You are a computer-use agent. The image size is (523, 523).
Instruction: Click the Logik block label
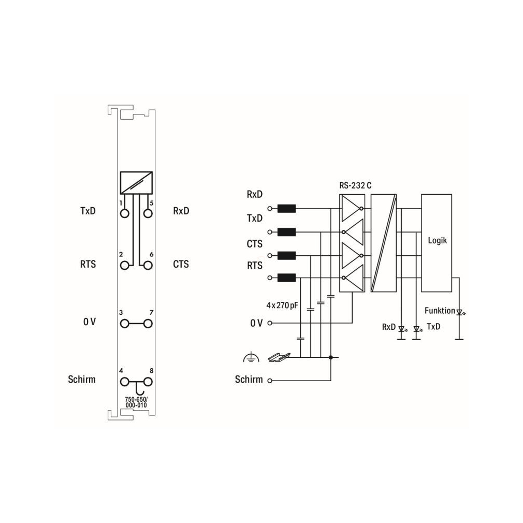(x=437, y=240)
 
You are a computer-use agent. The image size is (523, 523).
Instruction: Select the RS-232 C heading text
(x=355, y=185)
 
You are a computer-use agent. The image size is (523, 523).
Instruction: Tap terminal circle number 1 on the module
(x=124, y=213)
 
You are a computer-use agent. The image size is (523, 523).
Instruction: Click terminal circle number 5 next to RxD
(x=148, y=213)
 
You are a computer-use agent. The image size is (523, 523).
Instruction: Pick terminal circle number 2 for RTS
(x=124, y=266)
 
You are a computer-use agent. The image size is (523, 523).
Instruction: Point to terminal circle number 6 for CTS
(x=148, y=266)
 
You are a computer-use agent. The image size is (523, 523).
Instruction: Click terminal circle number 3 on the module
(x=124, y=324)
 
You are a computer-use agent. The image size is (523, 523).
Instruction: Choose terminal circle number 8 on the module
(x=148, y=382)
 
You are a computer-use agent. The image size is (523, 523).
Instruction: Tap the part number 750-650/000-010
(x=136, y=402)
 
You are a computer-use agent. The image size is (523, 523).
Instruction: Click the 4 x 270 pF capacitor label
(x=282, y=305)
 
